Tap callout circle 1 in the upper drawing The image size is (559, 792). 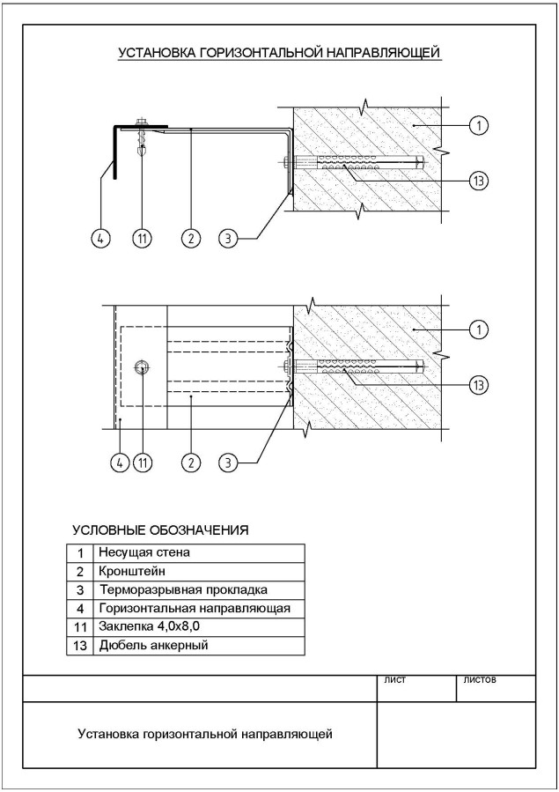tap(478, 125)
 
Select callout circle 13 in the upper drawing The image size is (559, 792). tap(478, 181)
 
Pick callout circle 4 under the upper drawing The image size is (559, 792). tap(100, 238)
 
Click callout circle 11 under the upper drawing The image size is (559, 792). tap(143, 238)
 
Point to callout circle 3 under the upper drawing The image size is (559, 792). tap(229, 238)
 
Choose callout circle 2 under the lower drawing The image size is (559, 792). tap(191, 463)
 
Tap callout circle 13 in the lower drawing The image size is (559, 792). tap(478, 385)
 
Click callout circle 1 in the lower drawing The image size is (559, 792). tap(478, 329)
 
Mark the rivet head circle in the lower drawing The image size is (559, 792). tap(142, 368)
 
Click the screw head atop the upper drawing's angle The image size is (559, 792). tap(141, 122)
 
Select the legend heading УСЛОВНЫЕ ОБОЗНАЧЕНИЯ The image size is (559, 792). tap(160, 530)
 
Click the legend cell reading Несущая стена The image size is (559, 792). tap(144, 552)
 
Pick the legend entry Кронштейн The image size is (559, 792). tap(132, 571)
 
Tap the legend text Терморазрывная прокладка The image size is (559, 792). tap(184, 589)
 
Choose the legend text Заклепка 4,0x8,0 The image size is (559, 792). tap(150, 627)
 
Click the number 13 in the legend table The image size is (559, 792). tap(80, 646)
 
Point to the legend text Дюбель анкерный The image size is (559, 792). tap(153, 645)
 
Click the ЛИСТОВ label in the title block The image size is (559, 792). tap(479, 680)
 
